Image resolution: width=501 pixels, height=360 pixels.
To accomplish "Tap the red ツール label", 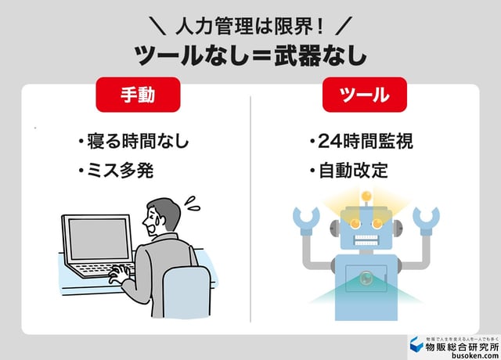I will pos(365,96).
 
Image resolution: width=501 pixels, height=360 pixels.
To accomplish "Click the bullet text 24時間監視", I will pos(360,142).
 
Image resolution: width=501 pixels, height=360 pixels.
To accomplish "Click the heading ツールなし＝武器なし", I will pos(250,56).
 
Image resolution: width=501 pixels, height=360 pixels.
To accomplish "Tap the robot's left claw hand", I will pos(306,219).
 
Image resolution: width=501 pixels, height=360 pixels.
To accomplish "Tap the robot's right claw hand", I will pos(426,219).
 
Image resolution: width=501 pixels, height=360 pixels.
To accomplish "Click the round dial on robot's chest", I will pos(366,276).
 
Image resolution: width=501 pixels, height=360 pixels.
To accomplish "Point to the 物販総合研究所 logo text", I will pos(461,345).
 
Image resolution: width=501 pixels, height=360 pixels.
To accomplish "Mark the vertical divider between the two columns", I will pos(250,207).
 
